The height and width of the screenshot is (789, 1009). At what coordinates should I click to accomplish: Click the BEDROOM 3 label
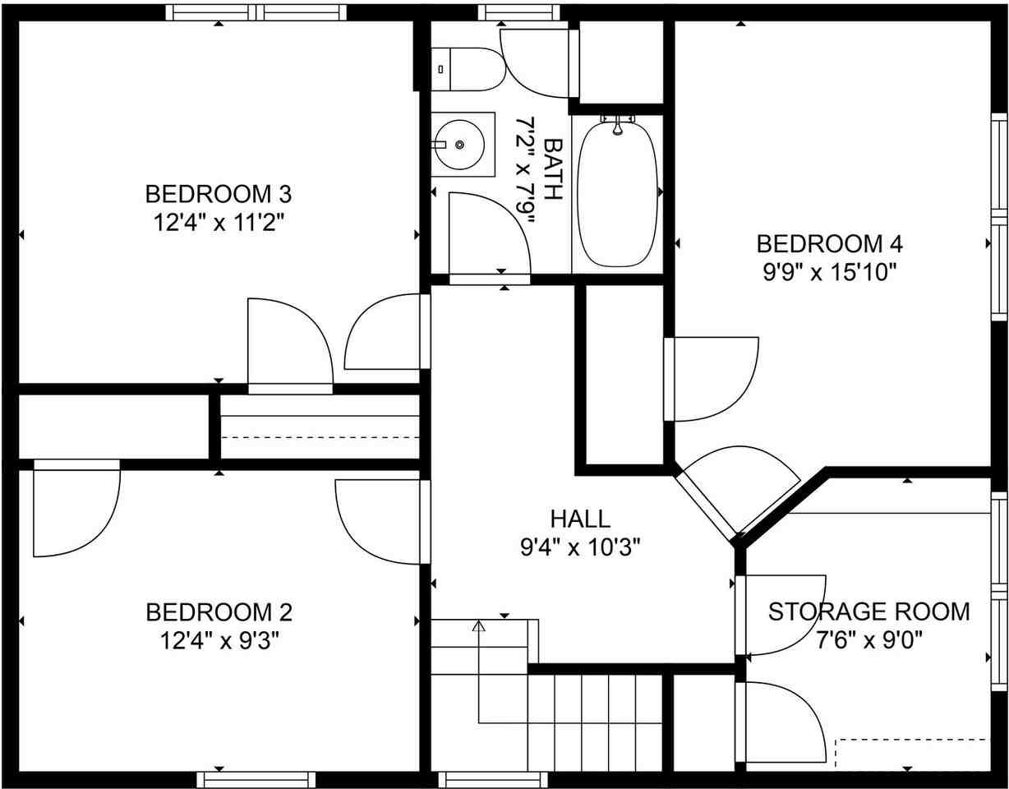[219, 194]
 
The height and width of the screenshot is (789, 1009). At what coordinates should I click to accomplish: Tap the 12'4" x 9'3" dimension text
[219, 641]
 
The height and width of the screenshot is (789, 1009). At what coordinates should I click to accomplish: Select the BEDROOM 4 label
[830, 244]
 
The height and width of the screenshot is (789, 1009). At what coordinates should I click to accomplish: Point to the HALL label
[580, 519]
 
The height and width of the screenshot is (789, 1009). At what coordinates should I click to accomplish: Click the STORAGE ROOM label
[868, 611]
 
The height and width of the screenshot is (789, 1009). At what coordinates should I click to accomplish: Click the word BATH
[553, 169]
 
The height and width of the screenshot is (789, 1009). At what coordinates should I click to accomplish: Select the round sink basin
[459, 145]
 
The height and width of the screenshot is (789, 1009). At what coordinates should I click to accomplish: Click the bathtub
[618, 194]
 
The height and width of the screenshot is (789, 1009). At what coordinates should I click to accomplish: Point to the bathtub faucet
[618, 126]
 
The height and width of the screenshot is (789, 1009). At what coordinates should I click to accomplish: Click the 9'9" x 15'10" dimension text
[829, 272]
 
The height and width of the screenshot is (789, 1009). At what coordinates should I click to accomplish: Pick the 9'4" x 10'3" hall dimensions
[580, 547]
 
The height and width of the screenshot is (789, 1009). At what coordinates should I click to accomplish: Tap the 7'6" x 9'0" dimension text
[868, 641]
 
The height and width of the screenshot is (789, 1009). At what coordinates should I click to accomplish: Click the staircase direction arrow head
[479, 625]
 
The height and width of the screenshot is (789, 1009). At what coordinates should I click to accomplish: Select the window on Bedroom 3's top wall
[256, 12]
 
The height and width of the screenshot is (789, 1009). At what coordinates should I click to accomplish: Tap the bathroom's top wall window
[518, 12]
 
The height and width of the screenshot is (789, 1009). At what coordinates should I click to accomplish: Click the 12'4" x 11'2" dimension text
[219, 223]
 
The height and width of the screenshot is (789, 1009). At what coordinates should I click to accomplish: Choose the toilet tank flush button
[440, 69]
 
